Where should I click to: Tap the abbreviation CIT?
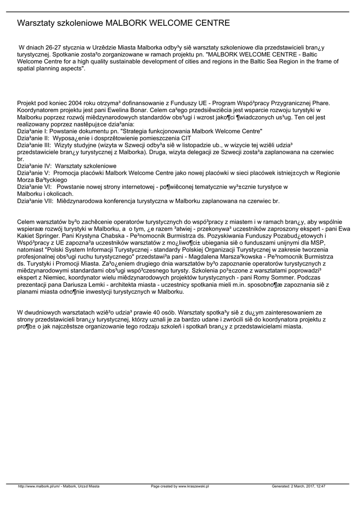tap(185, 138)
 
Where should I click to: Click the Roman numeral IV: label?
tap(43, 166)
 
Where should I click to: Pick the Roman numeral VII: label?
tap(44, 201)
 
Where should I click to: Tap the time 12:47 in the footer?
tap(321, 486)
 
